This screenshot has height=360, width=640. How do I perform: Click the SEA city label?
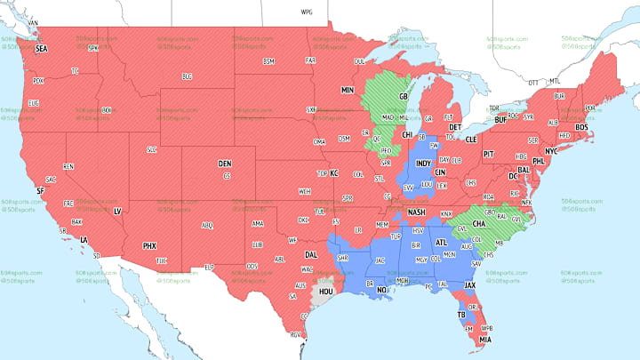pos(41,50)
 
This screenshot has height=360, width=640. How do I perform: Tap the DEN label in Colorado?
pos(226,164)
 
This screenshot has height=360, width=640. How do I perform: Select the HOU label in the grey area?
pos(325,291)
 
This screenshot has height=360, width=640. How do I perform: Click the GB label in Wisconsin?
pos(402,96)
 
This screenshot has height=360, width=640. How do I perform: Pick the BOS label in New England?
pos(582,127)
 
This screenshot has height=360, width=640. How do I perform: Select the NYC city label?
pos(551,151)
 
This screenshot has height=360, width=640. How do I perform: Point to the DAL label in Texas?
pos(310,254)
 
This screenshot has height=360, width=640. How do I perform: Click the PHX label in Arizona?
pos(150,245)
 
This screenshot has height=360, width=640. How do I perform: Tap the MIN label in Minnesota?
pos(348,91)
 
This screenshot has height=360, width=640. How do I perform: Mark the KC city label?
pos(334,173)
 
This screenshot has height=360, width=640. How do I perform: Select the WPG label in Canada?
pos(308,13)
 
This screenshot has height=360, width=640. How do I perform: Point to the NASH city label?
pos(417,213)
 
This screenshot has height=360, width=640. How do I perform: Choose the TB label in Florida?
pos(460,315)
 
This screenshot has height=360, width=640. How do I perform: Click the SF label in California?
pos(40,190)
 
